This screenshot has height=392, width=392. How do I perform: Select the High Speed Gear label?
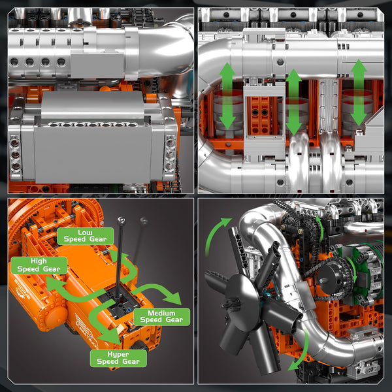coord(39,265)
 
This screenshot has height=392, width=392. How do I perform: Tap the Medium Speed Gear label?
coord(161,316)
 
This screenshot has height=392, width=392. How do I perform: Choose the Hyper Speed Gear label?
coord(118,357)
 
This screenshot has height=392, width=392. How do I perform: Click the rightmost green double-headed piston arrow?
coord(358,92)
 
